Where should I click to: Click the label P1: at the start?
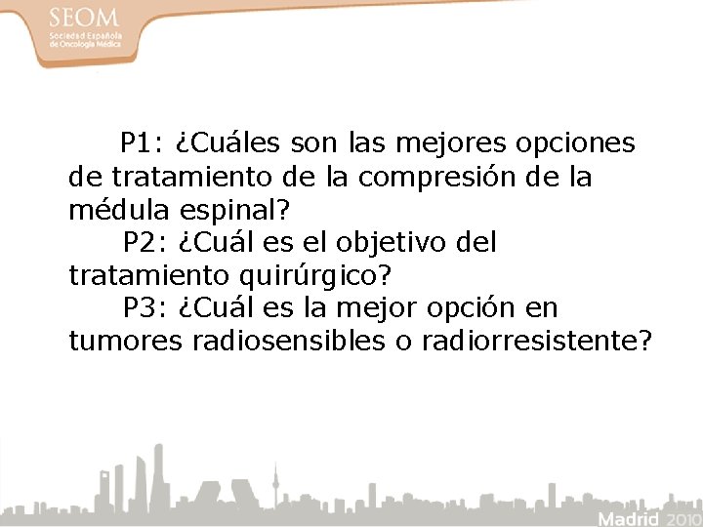click(143, 144)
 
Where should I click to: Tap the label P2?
click(145, 241)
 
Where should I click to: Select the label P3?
click(145, 308)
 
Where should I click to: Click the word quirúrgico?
click(322, 275)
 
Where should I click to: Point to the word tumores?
click(125, 341)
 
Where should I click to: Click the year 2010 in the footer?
click(682, 516)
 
